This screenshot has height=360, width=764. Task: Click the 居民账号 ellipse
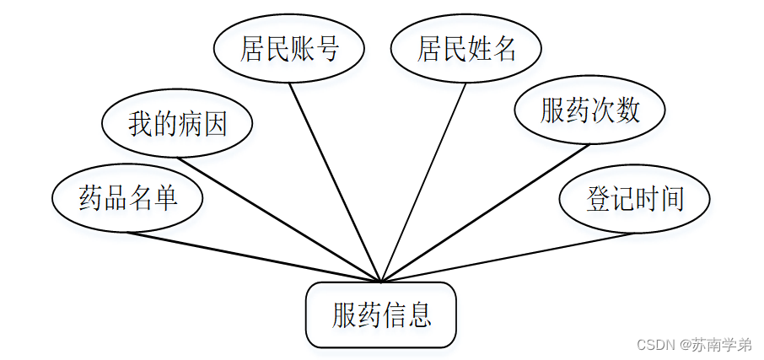point(289,49)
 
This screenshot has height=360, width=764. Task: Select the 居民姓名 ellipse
point(466,49)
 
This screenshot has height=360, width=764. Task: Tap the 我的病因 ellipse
point(177,124)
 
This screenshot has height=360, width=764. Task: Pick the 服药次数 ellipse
point(590,110)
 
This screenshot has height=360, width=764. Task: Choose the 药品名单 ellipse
point(127,198)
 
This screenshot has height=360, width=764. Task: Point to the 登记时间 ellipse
point(635,198)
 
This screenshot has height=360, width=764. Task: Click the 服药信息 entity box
point(381,315)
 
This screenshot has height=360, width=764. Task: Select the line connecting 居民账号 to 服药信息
point(335,181)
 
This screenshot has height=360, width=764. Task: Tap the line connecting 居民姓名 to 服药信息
point(424,181)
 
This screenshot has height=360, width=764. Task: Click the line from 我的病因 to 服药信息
point(278,219)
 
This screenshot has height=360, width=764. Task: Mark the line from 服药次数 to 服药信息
point(485,212)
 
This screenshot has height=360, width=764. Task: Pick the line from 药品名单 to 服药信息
point(253,257)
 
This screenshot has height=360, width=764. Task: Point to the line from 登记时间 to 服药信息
point(506,257)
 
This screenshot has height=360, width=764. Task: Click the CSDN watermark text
point(694,345)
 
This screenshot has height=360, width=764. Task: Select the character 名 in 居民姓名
point(504,49)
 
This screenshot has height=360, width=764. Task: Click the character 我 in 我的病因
point(140,124)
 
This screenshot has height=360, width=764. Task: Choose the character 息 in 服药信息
point(419,315)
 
